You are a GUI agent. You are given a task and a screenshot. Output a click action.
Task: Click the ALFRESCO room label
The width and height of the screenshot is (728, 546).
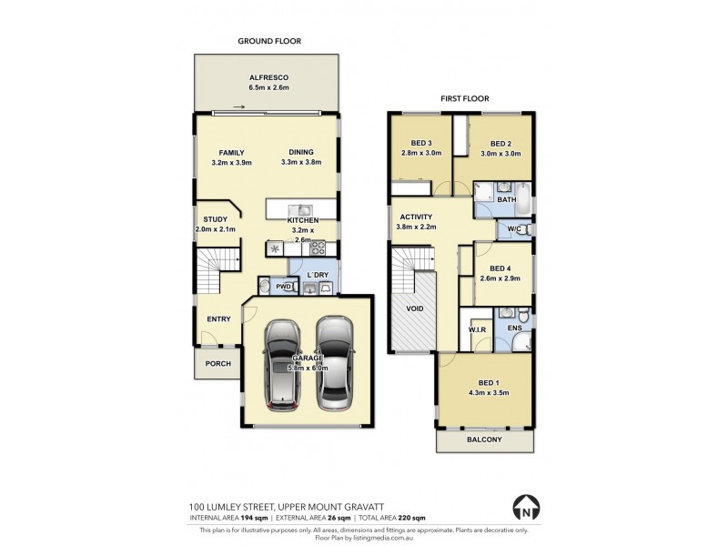[x=268, y=77]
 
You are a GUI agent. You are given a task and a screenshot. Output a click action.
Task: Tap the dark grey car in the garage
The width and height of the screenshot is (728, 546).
[x=284, y=365]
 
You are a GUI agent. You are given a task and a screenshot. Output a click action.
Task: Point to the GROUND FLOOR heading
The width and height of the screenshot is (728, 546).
[x=269, y=41]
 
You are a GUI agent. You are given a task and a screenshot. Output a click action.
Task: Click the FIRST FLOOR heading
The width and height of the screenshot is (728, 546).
[x=464, y=97]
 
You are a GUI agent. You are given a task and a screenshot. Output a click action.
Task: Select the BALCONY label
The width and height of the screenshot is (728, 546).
[x=483, y=440]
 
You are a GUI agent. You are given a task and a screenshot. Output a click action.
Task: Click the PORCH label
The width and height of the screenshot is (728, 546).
[x=217, y=364]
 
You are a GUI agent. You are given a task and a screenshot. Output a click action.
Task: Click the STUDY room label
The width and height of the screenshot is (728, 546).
[x=216, y=218]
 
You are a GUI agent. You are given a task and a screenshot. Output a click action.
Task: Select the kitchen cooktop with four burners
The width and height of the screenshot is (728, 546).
[x=318, y=247]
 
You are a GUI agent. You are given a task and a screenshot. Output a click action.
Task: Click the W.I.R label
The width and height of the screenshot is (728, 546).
[x=478, y=328]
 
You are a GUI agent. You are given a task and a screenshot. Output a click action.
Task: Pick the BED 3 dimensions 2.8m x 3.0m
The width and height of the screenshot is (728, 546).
[x=421, y=153]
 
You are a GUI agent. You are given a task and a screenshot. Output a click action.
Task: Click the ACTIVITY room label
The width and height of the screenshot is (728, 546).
[x=415, y=217]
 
